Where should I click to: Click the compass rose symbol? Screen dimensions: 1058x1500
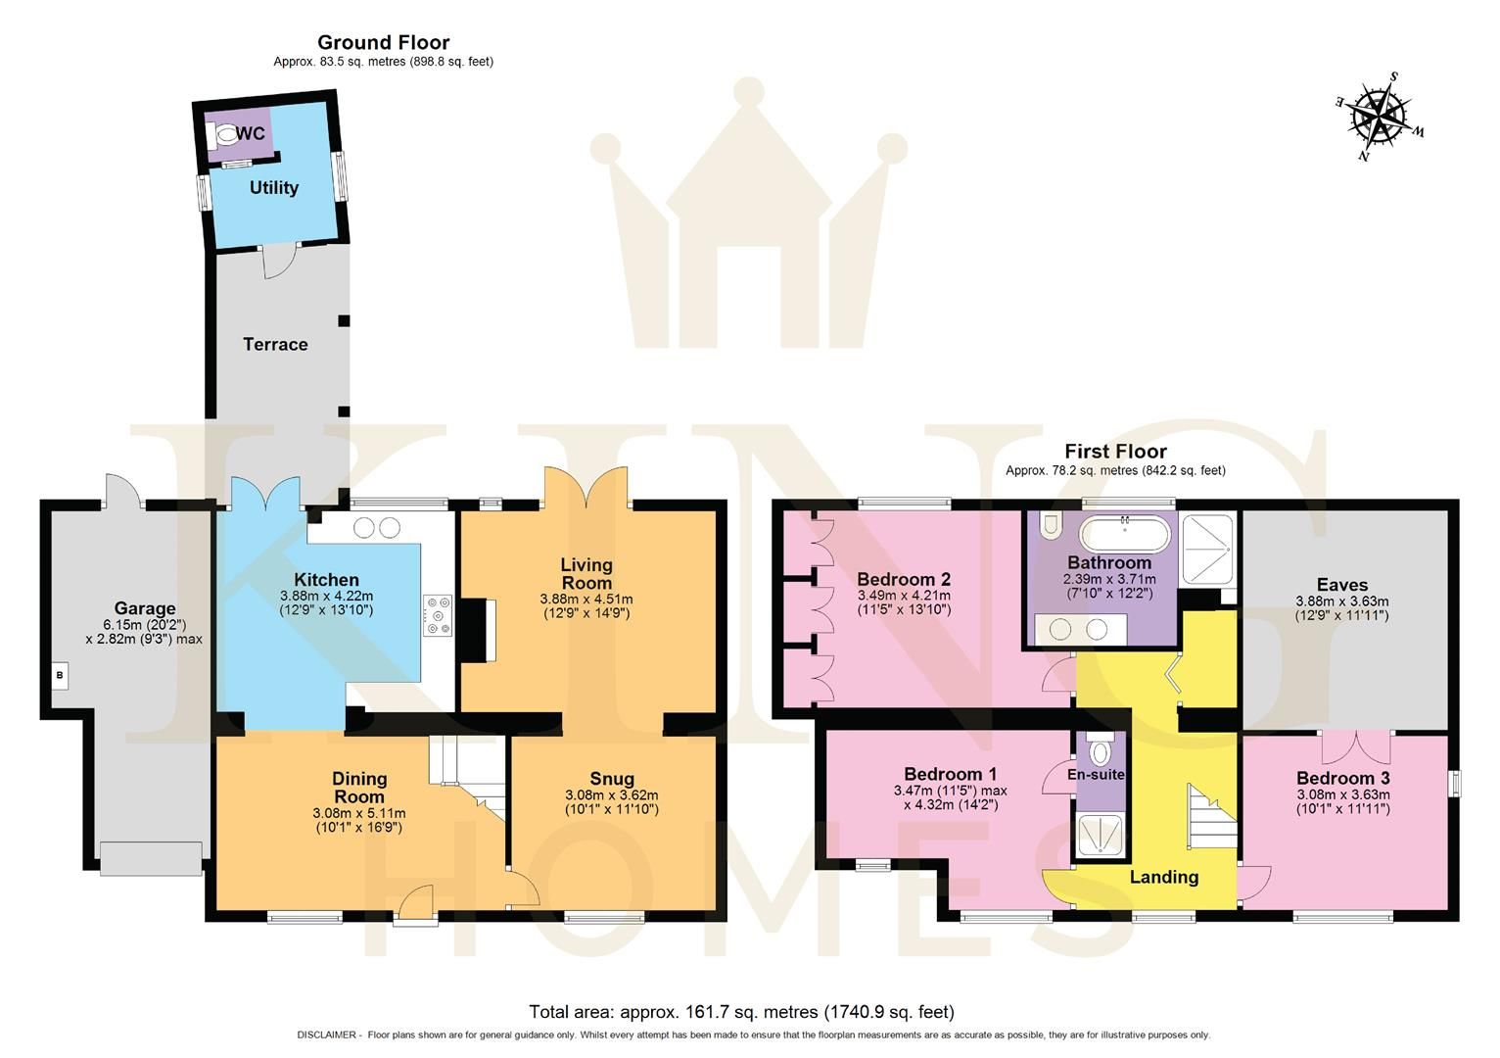(x=1380, y=116)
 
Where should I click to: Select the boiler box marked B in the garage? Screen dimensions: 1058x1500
(x=60, y=675)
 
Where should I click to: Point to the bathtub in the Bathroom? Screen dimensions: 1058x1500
(x=1124, y=535)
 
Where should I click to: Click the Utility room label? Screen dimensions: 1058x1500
(x=273, y=187)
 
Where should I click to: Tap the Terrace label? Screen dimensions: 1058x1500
(x=275, y=344)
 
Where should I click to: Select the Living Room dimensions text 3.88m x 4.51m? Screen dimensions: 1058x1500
(x=586, y=599)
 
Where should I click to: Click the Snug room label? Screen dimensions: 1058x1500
(x=611, y=779)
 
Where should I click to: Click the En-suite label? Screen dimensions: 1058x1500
(x=1096, y=774)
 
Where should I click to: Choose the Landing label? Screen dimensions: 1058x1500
(x=1163, y=877)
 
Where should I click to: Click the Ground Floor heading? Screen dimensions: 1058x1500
(x=383, y=42)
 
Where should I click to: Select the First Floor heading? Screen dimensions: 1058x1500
(x=1115, y=452)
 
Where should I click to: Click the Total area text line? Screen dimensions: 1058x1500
(x=741, y=1011)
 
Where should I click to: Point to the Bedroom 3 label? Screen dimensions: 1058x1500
(x=1342, y=778)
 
